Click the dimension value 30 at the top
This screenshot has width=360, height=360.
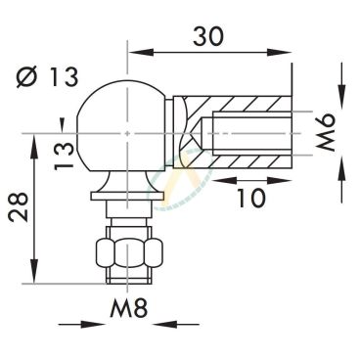pos(208,36)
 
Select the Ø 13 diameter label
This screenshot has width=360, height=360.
pos(48,77)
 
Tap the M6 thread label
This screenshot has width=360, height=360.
pos(326,133)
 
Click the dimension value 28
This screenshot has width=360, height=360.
pos(19,207)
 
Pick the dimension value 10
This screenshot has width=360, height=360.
pos(251,198)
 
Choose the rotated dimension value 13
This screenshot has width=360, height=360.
pos(64,156)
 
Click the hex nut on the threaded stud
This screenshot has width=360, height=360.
pos(129,252)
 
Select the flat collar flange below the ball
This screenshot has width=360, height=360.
pos(127,197)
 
